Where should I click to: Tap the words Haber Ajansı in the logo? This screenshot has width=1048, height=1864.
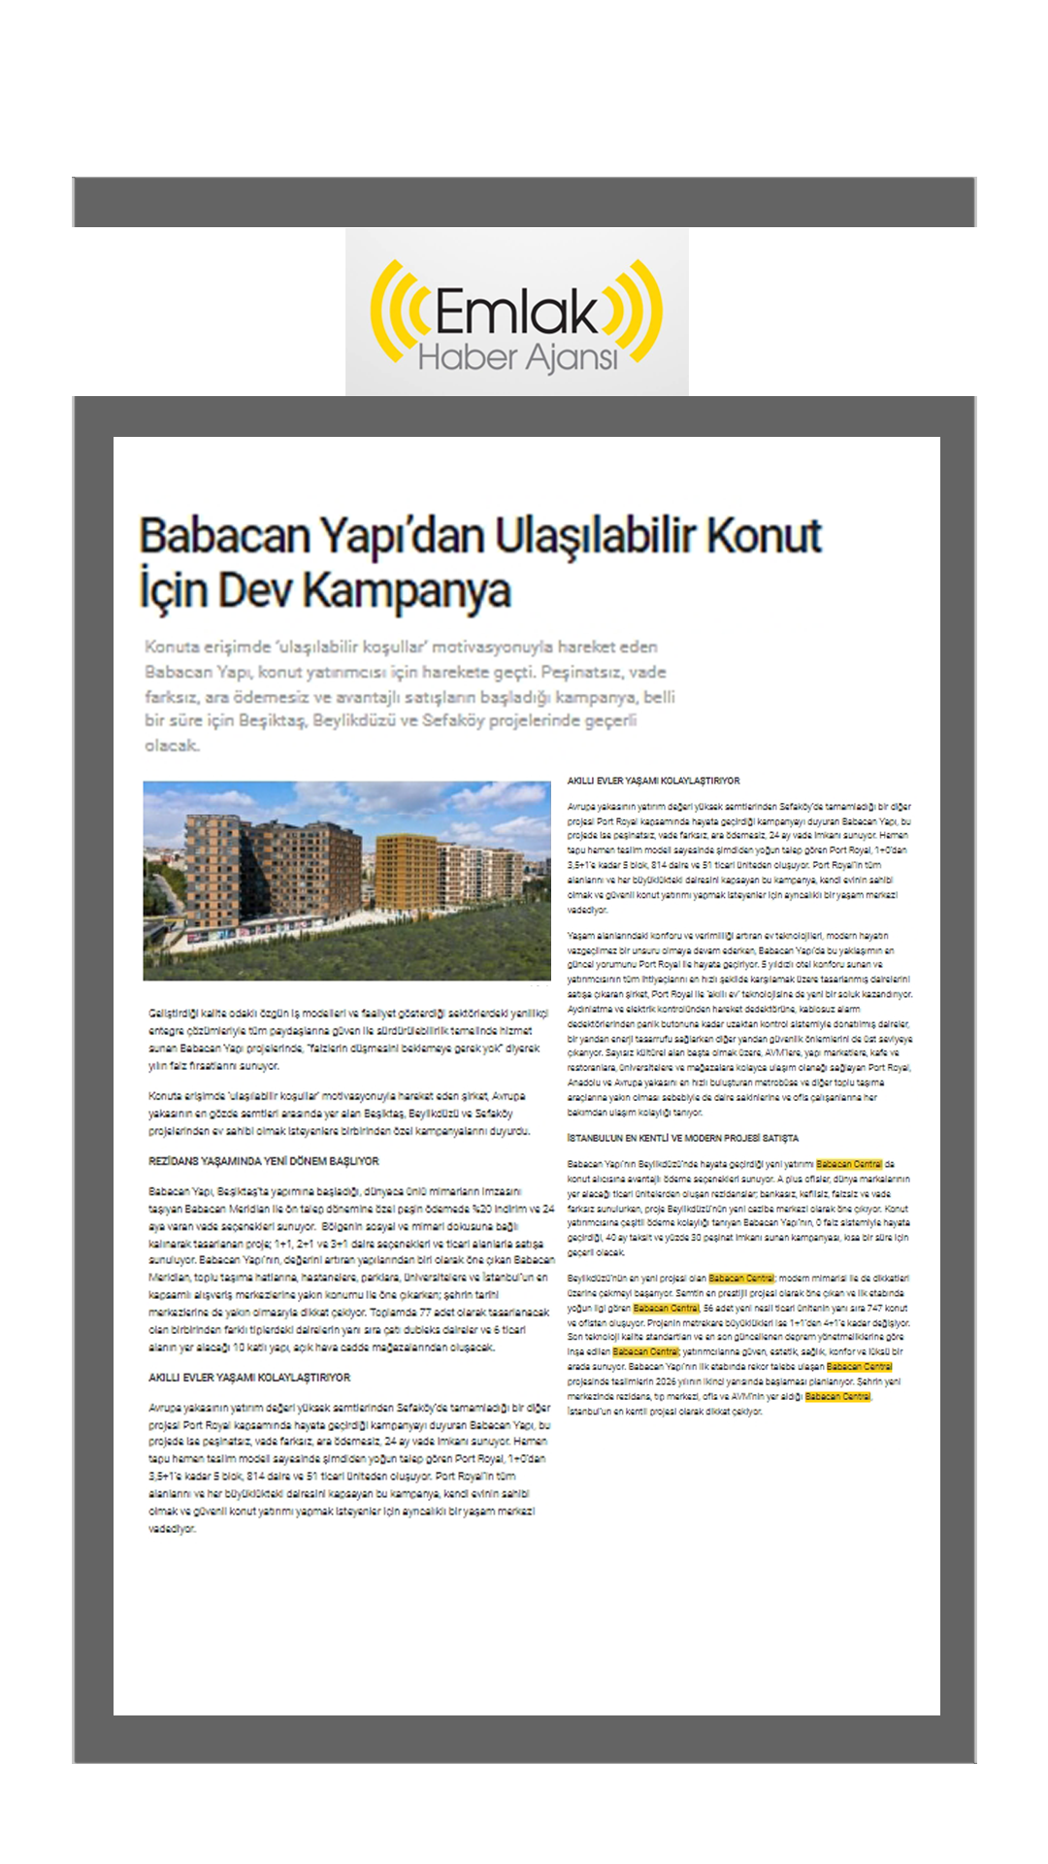coord(517,358)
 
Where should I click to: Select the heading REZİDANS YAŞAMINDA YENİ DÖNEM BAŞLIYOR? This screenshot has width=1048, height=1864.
coord(263,1161)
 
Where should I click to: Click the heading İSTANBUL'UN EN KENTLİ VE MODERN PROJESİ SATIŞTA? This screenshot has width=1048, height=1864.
coord(682,1138)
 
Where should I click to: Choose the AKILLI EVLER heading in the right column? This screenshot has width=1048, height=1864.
coord(653,781)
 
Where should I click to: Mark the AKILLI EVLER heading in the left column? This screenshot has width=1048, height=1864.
coord(249,1378)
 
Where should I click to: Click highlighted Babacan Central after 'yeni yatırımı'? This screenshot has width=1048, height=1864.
coord(849,1164)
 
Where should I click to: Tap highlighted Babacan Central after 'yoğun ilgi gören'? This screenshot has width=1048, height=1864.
coord(666,1308)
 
